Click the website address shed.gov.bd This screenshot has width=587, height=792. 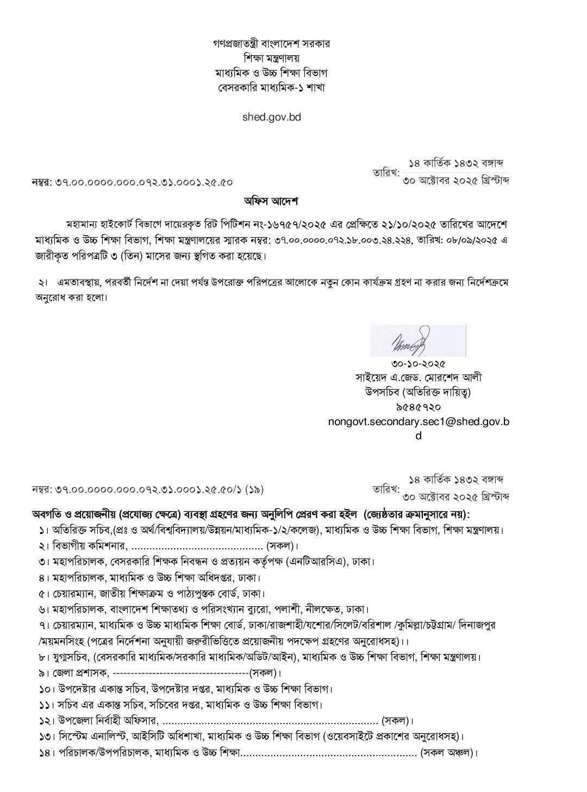(x=271, y=116)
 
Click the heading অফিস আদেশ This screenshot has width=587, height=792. (x=271, y=201)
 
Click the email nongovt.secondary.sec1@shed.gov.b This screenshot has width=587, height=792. (x=418, y=421)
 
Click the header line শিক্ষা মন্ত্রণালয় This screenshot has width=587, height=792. (x=271, y=58)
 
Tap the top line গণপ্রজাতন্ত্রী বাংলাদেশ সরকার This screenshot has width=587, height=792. (x=271, y=43)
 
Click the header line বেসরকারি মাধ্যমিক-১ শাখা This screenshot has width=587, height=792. (x=271, y=87)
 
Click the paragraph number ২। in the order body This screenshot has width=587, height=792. (x=43, y=283)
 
